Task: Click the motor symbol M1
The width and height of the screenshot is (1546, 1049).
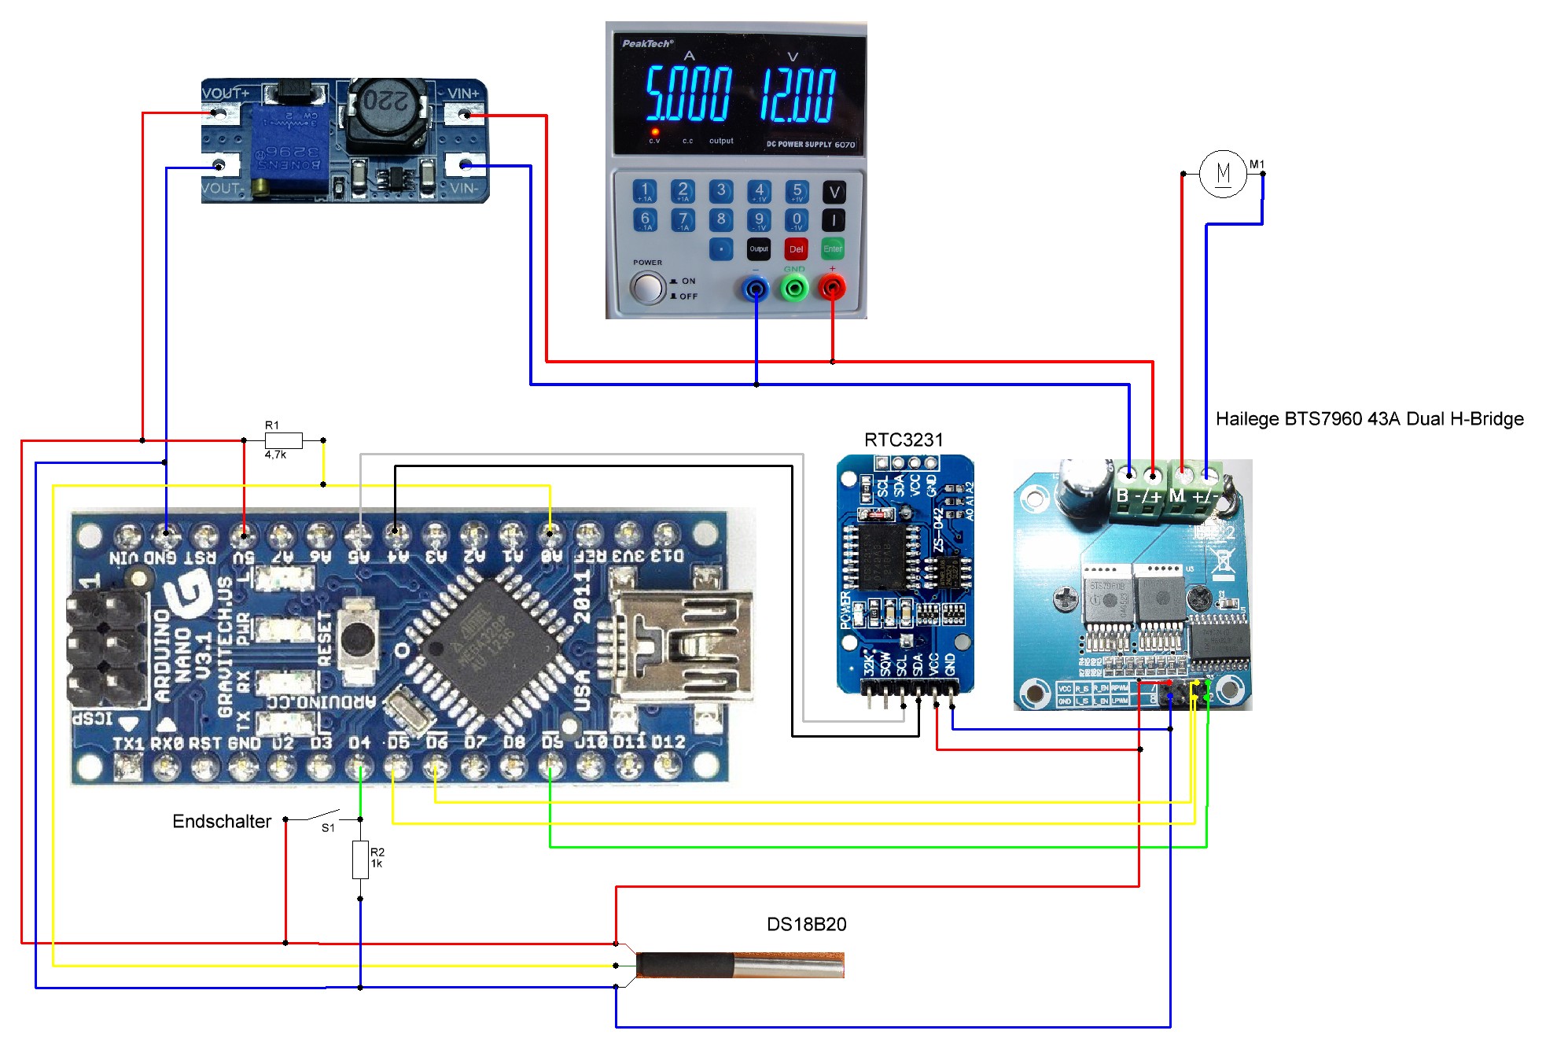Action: [x=1223, y=174]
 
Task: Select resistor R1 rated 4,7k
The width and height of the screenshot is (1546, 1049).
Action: [x=283, y=440]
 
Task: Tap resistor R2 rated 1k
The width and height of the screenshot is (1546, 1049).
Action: [x=360, y=859]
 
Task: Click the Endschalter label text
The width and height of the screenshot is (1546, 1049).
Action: [x=222, y=822]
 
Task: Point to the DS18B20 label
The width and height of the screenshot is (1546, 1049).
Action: [x=806, y=925]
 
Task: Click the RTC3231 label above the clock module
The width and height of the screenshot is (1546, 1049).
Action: [x=903, y=440]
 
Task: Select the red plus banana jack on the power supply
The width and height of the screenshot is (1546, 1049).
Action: [x=832, y=289]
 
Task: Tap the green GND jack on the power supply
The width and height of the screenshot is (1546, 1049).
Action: [x=794, y=289]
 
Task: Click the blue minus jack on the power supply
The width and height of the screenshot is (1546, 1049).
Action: [x=756, y=289]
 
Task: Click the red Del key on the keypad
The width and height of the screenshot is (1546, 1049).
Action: [x=796, y=249]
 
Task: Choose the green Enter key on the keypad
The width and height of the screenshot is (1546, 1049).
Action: [x=833, y=249]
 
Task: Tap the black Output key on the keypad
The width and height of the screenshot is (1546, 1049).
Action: [x=759, y=249]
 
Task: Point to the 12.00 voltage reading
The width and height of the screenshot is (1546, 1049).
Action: [x=797, y=95]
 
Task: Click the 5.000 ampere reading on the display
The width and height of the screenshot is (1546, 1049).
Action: [x=689, y=95]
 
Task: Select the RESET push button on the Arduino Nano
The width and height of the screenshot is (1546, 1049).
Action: [x=357, y=639]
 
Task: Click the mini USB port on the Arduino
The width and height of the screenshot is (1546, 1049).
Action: [x=680, y=646]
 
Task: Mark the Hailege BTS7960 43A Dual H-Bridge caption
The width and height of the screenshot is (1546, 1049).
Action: [x=1369, y=419]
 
